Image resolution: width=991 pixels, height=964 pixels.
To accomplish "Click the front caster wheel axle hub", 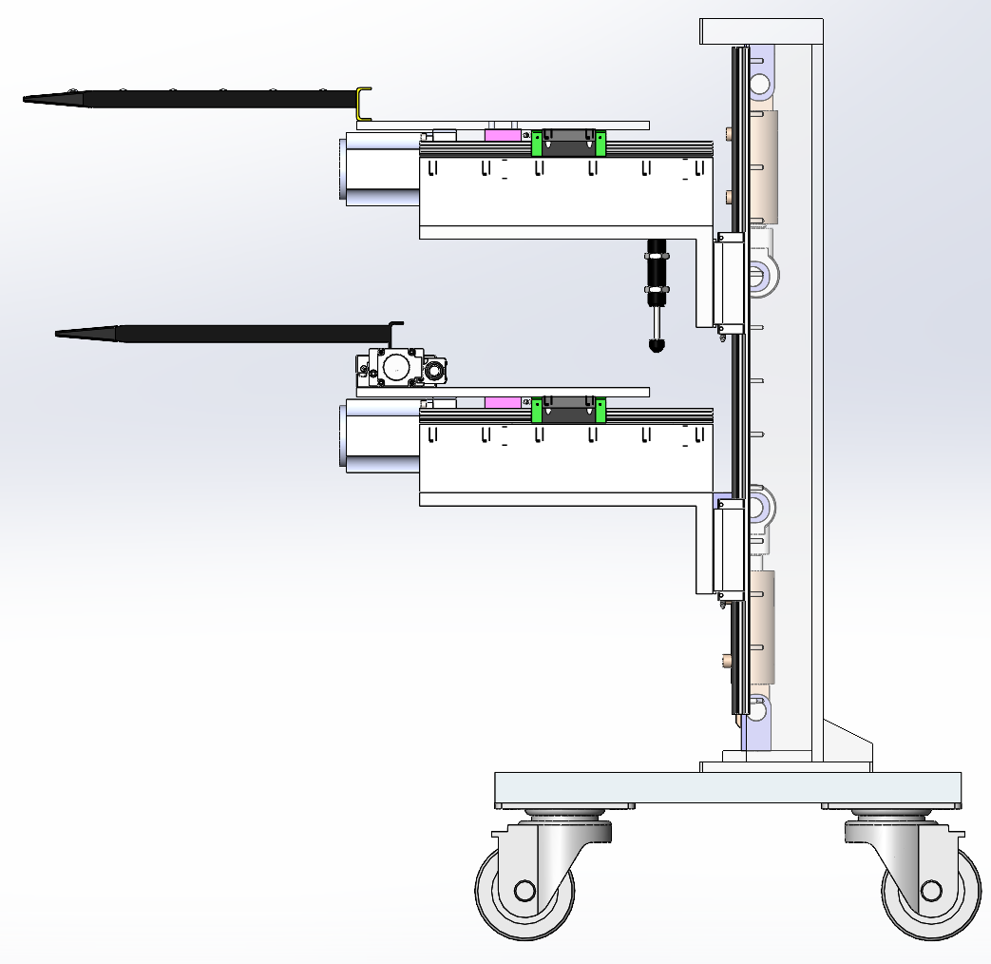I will click(x=524, y=891).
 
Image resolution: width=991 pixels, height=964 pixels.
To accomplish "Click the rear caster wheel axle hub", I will click(x=930, y=891).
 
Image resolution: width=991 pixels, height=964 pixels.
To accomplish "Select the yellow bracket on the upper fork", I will click(x=363, y=104).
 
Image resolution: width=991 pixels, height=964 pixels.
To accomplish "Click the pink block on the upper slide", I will click(x=504, y=135).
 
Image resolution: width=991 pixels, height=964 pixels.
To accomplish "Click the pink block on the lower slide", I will click(x=504, y=403).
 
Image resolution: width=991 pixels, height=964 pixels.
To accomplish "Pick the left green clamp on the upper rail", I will click(x=537, y=143).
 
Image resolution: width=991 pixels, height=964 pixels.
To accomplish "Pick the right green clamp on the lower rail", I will click(x=601, y=410).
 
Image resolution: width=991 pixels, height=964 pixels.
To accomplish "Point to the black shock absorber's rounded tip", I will click(x=656, y=345).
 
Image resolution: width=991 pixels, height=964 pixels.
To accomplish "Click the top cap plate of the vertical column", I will click(x=760, y=31).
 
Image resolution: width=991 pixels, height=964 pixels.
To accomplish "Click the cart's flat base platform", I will click(x=727, y=788).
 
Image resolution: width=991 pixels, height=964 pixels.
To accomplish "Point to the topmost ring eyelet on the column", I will click(x=760, y=84).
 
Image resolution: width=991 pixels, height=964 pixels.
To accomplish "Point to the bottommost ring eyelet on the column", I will click(x=757, y=708).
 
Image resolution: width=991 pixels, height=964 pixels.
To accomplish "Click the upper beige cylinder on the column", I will click(x=764, y=162).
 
